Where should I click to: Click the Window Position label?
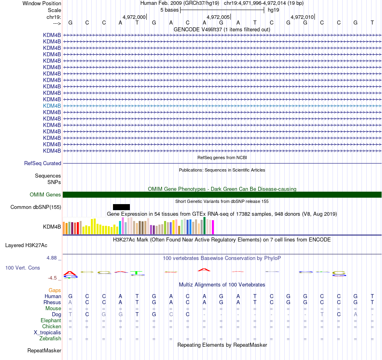coord(42,3)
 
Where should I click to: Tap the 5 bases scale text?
coord(169,10)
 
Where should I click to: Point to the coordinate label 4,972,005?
coord(218,17)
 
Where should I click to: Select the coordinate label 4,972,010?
coord(302,17)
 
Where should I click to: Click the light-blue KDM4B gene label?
coord(52,106)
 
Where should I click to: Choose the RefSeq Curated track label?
coord(43,164)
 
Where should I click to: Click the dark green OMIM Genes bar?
coord(222,195)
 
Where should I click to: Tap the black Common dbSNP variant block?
coord(121,207)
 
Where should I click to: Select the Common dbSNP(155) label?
coord(36,207)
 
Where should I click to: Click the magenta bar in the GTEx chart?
coord(213,227)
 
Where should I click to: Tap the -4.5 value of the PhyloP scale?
coord(54,278)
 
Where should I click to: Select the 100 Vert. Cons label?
coord(23,268)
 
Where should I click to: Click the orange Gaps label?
coord(55,290)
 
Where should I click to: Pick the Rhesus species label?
coord(52,302)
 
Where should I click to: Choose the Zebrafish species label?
coord(51,339)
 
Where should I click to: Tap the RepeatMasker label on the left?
coord(44,351)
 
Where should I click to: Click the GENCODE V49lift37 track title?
coord(222,29)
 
